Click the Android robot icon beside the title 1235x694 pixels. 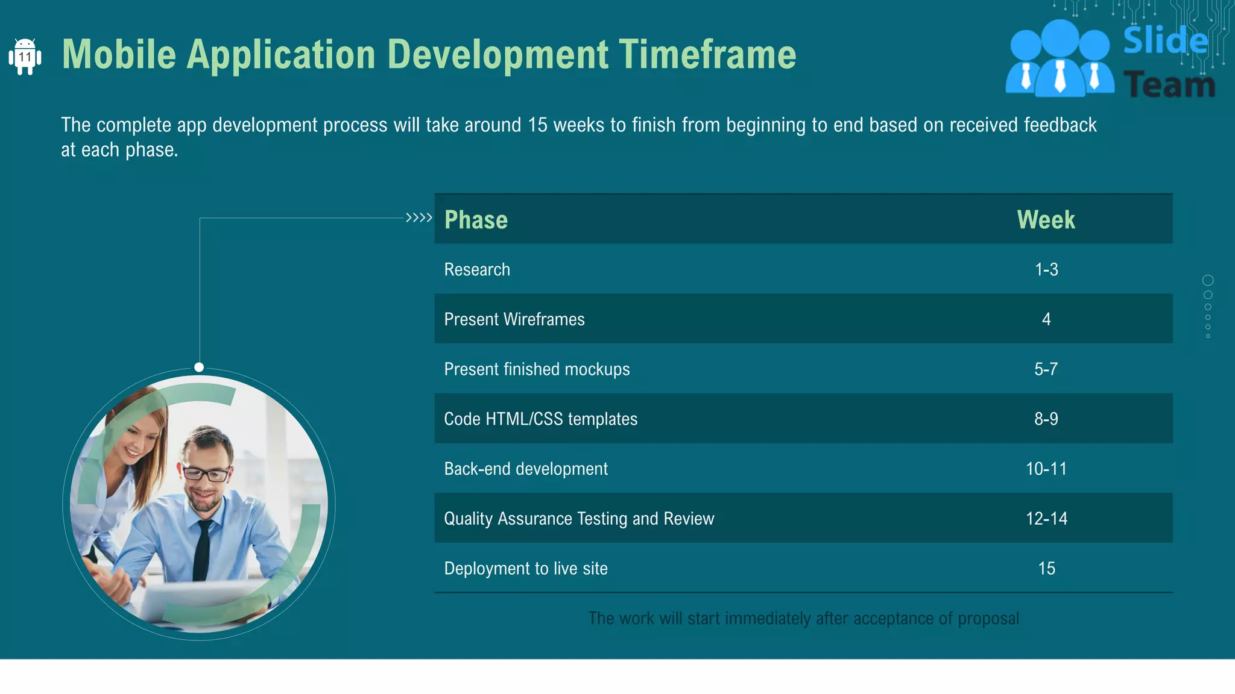(x=25, y=57)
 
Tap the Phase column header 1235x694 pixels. (x=476, y=220)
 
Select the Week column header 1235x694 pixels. (x=1046, y=220)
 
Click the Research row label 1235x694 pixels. (x=477, y=269)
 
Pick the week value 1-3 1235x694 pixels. (x=1046, y=269)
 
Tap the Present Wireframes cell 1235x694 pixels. (x=514, y=319)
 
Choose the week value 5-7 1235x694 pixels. (x=1046, y=369)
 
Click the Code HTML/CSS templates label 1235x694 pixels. (x=540, y=419)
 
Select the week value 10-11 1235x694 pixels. (x=1046, y=469)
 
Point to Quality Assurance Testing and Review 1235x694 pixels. (x=579, y=518)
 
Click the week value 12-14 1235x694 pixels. (x=1046, y=518)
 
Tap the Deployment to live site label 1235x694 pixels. (x=526, y=568)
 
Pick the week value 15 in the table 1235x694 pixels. (x=1046, y=568)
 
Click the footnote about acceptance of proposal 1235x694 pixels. (x=803, y=618)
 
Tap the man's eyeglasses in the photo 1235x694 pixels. (x=206, y=474)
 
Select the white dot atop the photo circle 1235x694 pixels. (x=199, y=367)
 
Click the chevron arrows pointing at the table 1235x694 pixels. (x=419, y=217)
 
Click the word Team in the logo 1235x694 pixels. (x=1169, y=85)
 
